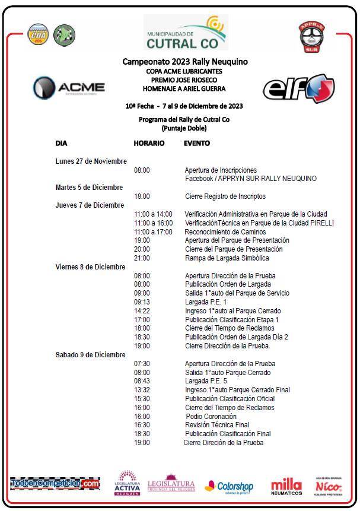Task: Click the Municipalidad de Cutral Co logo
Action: [185, 33]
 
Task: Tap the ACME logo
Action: [69, 88]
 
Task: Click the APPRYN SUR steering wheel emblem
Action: [311, 36]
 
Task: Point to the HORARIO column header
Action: [149, 143]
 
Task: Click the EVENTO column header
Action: [197, 143]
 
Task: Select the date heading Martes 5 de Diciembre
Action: [89, 188]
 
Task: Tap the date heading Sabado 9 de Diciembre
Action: [90, 355]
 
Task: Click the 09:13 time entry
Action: [142, 302]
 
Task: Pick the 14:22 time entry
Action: [142, 311]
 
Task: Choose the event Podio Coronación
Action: [211, 417]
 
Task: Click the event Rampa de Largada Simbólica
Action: [227, 258]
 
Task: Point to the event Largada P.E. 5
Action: [206, 381]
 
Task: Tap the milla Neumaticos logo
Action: [286, 486]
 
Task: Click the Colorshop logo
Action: [229, 486]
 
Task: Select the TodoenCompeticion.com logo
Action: [55, 484]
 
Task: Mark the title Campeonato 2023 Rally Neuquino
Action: [185, 62]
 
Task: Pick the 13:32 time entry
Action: [142, 390]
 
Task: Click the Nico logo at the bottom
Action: [329, 485]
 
